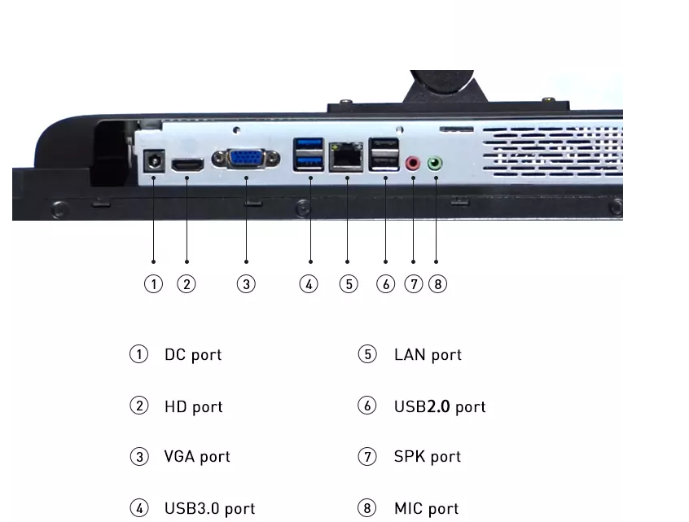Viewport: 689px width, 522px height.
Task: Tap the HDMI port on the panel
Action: (x=187, y=164)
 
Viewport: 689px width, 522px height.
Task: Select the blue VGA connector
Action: (x=246, y=159)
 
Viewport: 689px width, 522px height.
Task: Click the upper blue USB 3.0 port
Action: (x=309, y=146)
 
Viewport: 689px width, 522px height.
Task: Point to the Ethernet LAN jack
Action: (x=346, y=156)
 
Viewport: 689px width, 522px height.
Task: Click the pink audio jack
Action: (x=413, y=164)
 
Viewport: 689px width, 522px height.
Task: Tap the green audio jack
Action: (x=435, y=164)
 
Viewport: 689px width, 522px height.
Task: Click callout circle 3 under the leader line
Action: (x=246, y=284)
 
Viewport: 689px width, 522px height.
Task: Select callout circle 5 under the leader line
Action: (x=349, y=284)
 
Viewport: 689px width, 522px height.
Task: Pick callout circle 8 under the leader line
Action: (x=437, y=284)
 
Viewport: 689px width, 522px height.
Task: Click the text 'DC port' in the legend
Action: (x=193, y=355)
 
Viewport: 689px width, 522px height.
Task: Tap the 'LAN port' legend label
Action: (x=428, y=355)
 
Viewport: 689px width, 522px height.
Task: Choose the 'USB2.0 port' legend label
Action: (x=440, y=407)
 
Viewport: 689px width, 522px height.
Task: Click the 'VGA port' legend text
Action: (x=197, y=457)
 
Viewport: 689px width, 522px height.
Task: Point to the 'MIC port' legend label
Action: (x=426, y=509)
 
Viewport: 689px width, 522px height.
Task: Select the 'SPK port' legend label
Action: (x=427, y=457)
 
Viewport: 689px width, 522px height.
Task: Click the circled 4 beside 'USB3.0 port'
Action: (x=139, y=508)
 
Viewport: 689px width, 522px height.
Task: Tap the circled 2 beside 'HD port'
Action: (x=139, y=406)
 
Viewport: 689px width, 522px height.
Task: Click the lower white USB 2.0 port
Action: (x=384, y=162)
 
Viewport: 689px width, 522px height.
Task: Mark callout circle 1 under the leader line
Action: (x=153, y=284)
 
